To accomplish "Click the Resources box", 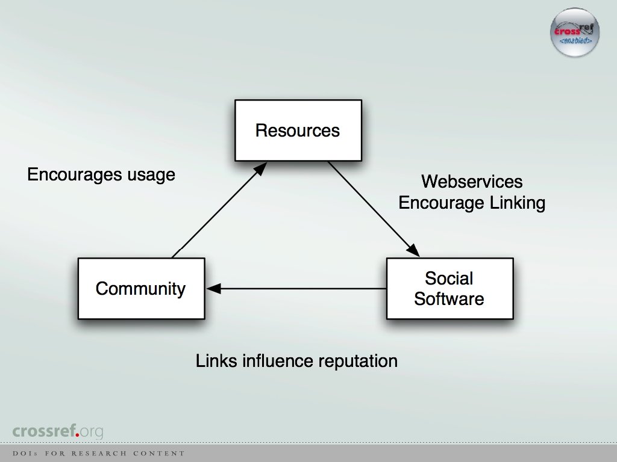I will click(298, 131).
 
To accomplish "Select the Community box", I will click(141, 289).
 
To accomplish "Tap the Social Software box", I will click(449, 289).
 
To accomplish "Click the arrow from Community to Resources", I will click(218, 211).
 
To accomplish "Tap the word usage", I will click(150, 175).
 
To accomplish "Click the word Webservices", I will click(472, 182).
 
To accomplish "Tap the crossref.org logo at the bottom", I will click(58, 431).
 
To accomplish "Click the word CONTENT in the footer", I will click(159, 454).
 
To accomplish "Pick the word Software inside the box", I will click(449, 299).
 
